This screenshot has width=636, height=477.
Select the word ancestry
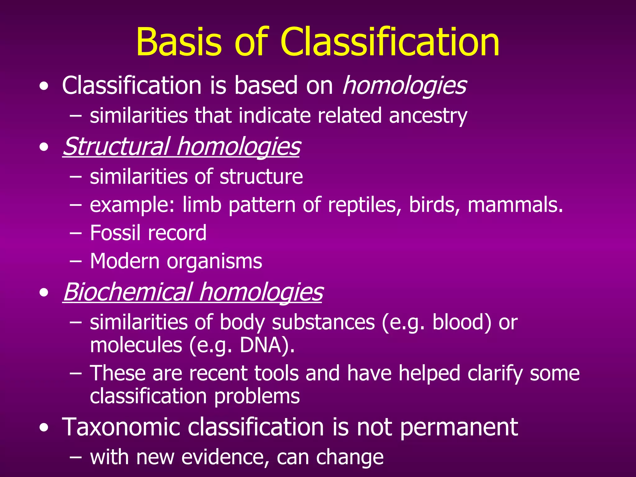click(x=428, y=116)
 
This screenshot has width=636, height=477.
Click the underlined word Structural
click(x=116, y=146)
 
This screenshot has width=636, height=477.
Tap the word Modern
click(x=125, y=261)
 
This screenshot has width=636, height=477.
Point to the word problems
click(x=257, y=396)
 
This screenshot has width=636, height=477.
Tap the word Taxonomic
click(x=121, y=427)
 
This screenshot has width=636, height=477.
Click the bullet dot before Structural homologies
click(x=44, y=147)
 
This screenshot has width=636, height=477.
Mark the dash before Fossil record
click(x=75, y=233)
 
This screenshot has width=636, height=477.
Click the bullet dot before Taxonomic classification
click(x=44, y=428)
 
